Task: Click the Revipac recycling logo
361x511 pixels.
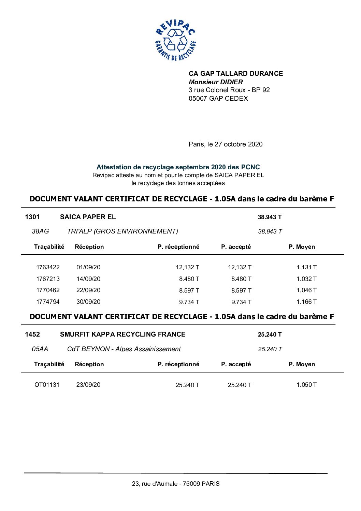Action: tap(175, 41)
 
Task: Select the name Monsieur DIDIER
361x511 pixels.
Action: tap(216, 82)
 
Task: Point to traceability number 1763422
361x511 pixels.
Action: tap(48, 267)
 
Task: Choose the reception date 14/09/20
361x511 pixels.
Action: tap(88, 279)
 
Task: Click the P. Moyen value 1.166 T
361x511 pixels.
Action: tap(306, 302)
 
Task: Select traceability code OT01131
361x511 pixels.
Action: tap(47, 385)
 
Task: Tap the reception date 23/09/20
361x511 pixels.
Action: tap(88, 385)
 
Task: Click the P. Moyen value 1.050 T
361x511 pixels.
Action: tap(306, 385)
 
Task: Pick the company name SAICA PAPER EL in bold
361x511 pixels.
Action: tap(88, 217)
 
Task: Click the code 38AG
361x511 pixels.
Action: tap(40, 231)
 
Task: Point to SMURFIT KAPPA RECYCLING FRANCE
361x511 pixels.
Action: tap(122, 335)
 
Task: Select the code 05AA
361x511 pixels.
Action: tap(40, 349)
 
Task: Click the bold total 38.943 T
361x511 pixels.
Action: tap(270, 217)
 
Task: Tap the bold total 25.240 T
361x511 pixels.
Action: tap(270, 335)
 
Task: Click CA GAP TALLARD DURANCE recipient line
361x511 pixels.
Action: tap(235, 73)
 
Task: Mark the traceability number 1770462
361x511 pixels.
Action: tap(48, 290)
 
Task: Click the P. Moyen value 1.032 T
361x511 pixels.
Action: tap(306, 279)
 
